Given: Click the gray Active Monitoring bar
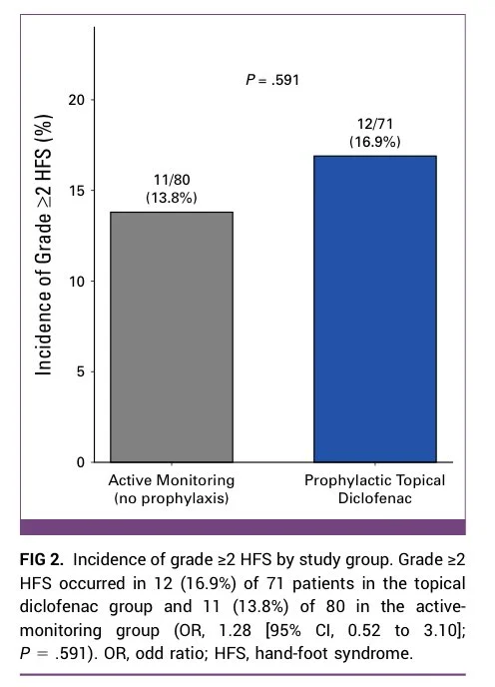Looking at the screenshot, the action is (x=172, y=337).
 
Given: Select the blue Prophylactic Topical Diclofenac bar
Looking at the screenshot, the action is (x=375, y=309).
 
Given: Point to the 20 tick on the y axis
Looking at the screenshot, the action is (x=76, y=100).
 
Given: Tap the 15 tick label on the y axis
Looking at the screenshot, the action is (x=76, y=191).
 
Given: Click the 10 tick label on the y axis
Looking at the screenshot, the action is (x=76, y=282).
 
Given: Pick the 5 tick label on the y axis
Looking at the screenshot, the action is (x=80, y=372).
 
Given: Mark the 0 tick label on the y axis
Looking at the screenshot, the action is (x=80, y=462).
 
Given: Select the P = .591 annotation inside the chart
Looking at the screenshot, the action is (x=272, y=80).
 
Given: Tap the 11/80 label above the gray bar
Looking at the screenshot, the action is (x=172, y=180).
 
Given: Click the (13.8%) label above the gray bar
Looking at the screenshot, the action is (x=172, y=198).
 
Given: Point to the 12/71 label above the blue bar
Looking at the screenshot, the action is (x=375, y=124).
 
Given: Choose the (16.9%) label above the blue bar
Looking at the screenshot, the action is (x=375, y=142).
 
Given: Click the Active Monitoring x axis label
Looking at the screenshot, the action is (x=172, y=480).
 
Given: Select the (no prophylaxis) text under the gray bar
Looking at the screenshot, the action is (x=172, y=498).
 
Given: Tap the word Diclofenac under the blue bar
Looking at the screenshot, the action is (x=375, y=498).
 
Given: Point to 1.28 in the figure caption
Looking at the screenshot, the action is (x=235, y=630).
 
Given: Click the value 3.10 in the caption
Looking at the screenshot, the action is (x=440, y=630).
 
